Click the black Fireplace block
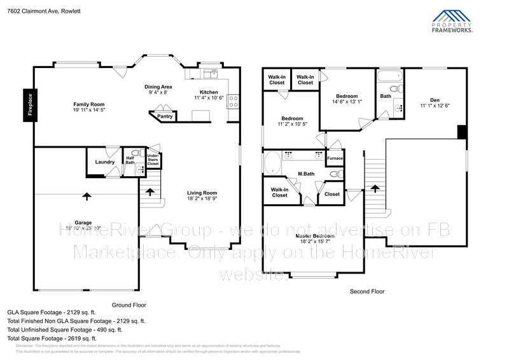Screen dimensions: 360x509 (x=29, y=105)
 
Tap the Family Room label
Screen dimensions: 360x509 (x=88, y=104)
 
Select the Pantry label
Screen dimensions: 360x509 (x=165, y=116)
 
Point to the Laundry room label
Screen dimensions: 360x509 (x=105, y=162)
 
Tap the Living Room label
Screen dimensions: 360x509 (x=202, y=193)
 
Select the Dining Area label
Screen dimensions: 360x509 (x=158, y=87)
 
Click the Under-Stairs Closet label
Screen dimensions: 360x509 (x=153, y=160)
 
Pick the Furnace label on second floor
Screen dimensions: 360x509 (x=335, y=158)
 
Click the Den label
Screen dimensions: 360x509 (x=435, y=100)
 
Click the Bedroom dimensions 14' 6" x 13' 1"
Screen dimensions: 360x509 (x=347, y=102)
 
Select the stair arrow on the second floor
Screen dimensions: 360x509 (x=375, y=188)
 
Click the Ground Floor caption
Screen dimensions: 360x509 (x=129, y=305)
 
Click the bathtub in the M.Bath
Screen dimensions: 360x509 (x=274, y=162)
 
